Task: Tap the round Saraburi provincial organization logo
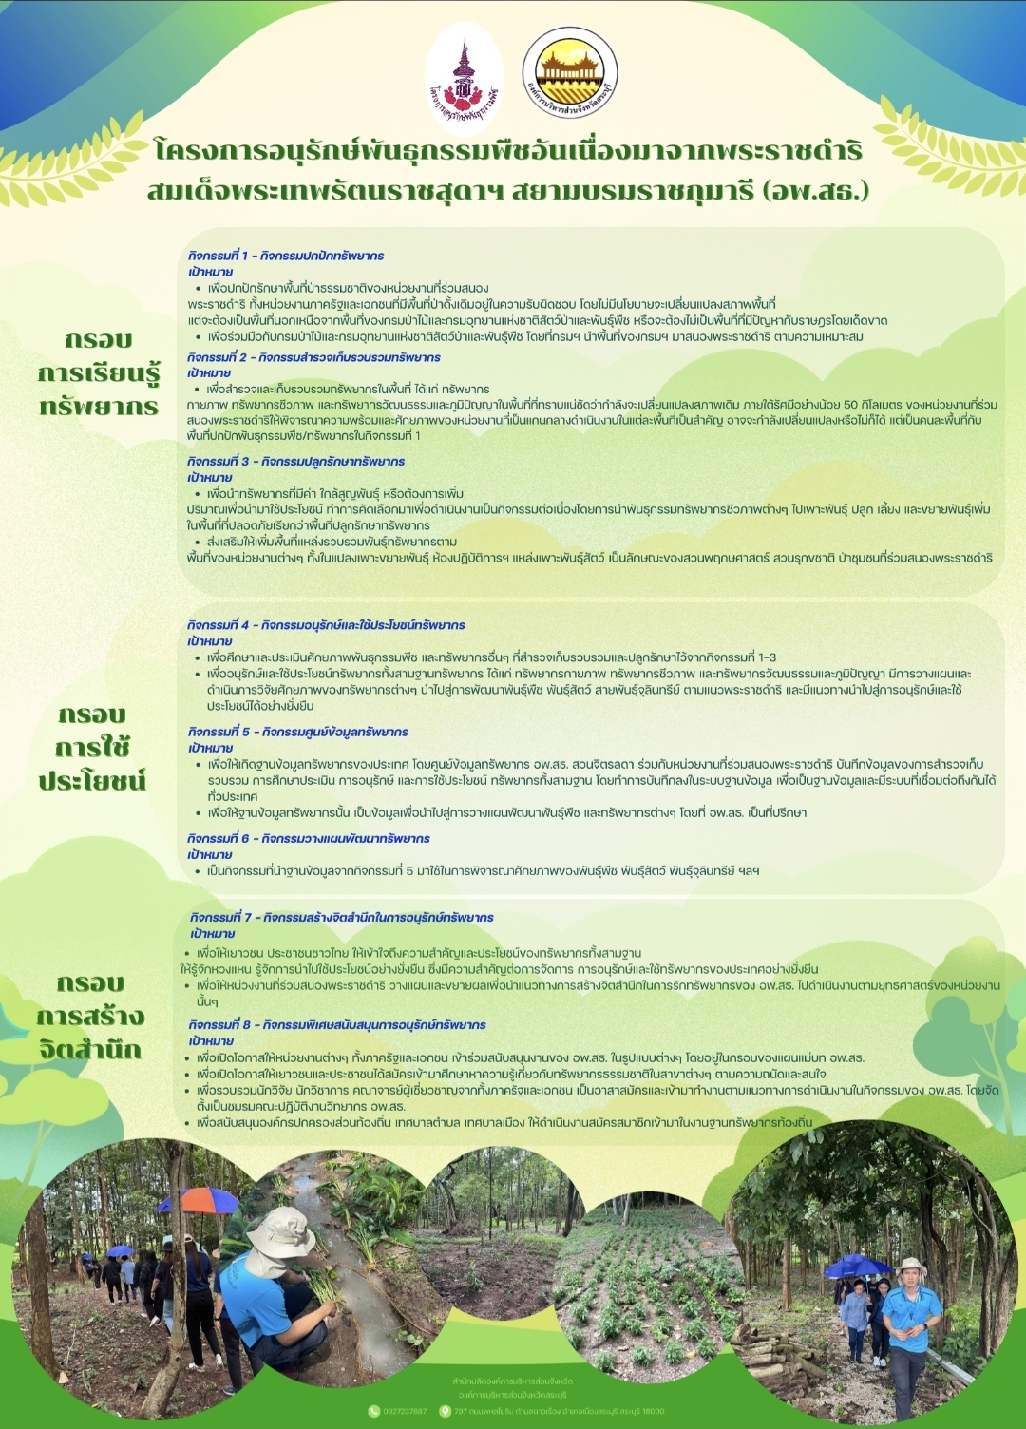570,73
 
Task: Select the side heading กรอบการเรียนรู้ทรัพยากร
99,372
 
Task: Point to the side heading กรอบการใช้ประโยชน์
92,748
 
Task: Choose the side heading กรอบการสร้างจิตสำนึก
90,1016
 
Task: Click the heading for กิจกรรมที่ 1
286,256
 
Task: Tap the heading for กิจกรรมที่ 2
313,357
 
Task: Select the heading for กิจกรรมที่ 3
296,461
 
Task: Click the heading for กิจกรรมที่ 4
326,625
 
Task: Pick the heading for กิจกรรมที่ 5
298,732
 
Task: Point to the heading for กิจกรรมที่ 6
309,838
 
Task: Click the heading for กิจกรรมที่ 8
337,1024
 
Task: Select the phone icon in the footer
373,1411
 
